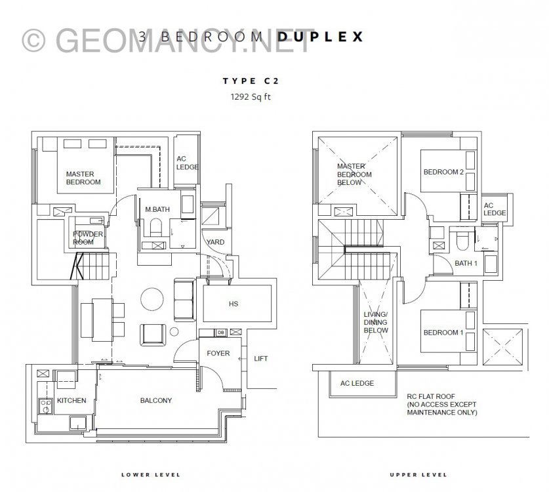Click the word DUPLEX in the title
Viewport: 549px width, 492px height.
321,37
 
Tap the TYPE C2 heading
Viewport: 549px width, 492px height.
251,81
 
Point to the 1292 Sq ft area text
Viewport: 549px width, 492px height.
251,96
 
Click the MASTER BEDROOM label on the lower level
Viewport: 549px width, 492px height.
83,178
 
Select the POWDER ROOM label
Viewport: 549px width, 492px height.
88,237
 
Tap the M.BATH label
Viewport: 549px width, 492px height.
157,209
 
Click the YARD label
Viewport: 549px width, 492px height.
215,242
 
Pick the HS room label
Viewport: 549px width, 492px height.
234,304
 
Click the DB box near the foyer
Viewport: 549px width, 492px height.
221,333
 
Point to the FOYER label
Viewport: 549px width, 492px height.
218,354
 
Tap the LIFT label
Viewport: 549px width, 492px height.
261,359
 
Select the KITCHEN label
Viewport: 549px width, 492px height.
71,400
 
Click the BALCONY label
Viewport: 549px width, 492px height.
156,400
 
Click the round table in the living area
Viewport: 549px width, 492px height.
152,299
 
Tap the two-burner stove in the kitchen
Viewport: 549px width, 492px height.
45,406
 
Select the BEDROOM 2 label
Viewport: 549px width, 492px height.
443,172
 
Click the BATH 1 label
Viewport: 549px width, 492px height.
466,263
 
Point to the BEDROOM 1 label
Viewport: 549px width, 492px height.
443,333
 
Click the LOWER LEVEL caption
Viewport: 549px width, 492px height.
151,475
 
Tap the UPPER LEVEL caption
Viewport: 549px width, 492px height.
418,475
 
